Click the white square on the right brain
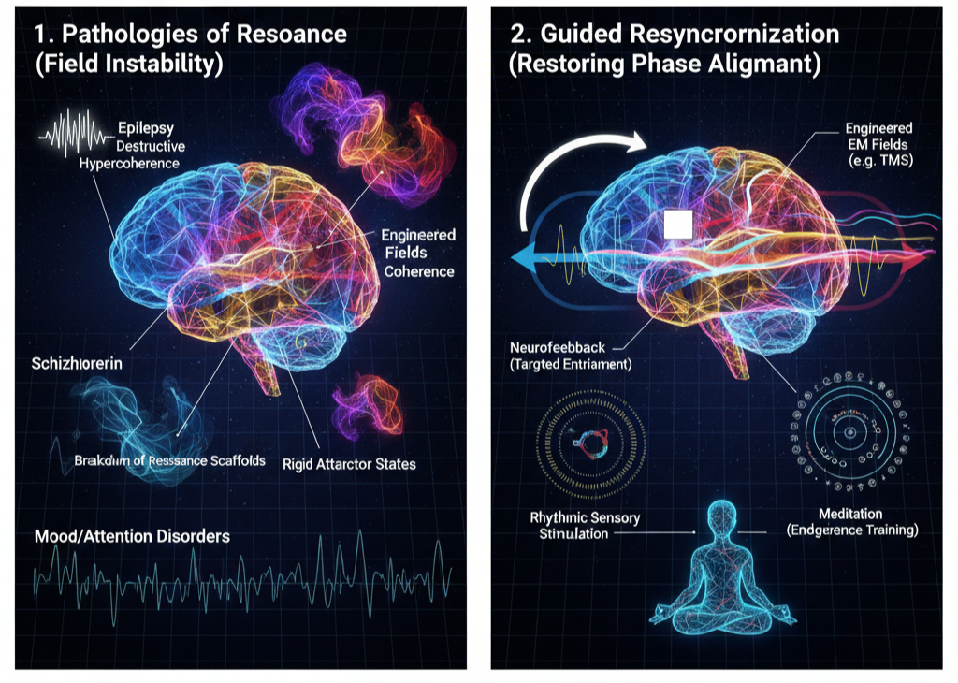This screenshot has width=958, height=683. tap(676, 225)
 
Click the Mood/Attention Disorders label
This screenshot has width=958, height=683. tap(132, 537)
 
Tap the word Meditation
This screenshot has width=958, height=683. tap(851, 514)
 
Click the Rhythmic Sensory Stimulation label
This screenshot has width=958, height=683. tap(560, 525)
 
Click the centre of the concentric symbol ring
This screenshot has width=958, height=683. tap(851, 432)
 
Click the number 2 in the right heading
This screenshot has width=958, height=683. tap(518, 35)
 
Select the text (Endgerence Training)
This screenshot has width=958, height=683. tap(851, 530)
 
